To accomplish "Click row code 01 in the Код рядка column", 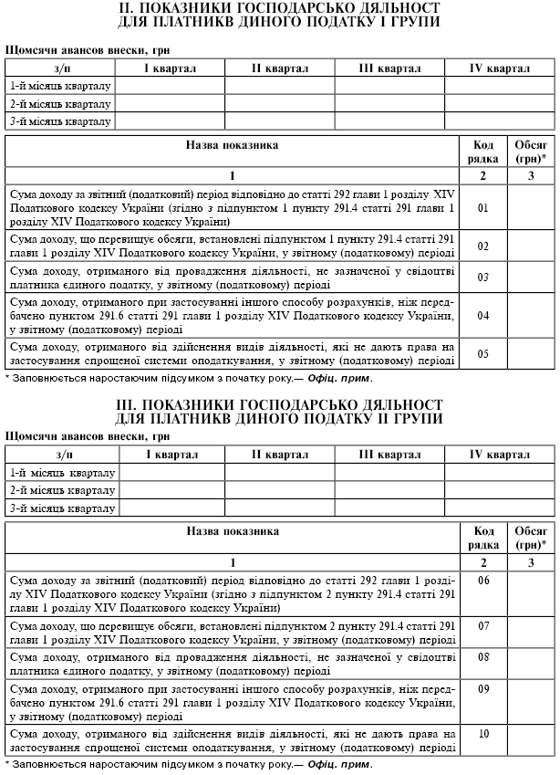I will (483, 207).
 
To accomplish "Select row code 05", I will (483, 354).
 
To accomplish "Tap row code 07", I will (483, 626).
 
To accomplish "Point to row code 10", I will (483, 734).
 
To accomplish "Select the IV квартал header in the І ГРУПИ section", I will (499, 69).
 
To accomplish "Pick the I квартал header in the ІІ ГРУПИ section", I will (171, 455).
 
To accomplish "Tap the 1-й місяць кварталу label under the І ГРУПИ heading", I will (60, 87).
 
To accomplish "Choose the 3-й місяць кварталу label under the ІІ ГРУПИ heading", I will (61, 508).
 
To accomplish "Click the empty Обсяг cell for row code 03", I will (530, 277).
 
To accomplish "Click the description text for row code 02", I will (232, 246).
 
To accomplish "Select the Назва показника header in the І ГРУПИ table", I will (233, 145).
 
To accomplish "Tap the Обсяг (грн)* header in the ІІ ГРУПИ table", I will (530, 537).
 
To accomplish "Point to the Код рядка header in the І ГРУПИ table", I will (483, 151).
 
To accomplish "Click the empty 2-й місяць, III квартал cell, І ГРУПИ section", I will (389, 104).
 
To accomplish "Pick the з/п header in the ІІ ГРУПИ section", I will (64, 455).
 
